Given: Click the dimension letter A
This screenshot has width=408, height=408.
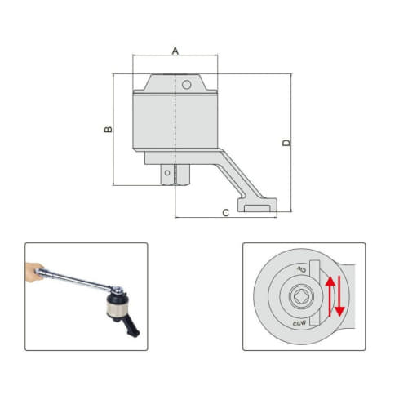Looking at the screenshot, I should (175, 51).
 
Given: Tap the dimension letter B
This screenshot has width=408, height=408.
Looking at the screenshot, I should (106, 131).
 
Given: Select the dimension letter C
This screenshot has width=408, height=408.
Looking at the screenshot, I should (225, 213).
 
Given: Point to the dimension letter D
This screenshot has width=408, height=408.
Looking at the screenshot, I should (286, 143).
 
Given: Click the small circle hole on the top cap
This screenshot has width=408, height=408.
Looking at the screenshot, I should (187, 85).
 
